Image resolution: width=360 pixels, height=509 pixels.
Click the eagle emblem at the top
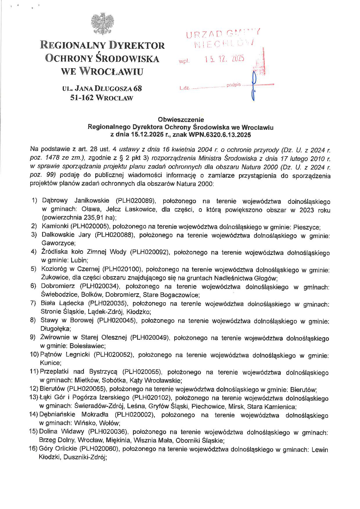[x=102, y=23]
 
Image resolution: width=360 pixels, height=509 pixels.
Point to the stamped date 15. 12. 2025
[x=224, y=59]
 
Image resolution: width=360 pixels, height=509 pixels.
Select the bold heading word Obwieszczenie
[x=181, y=119]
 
